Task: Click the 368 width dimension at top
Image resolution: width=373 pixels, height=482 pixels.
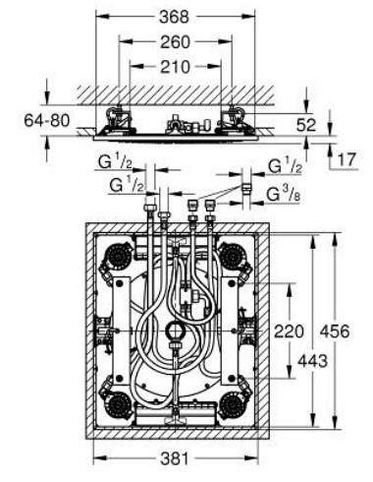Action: [x=177, y=17]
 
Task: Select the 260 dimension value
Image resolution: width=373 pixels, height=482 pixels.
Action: [x=177, y=41]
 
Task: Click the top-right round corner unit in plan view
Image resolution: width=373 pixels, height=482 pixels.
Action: [x=233, y=258]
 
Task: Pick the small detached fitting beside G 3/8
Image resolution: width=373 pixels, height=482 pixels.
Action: [x=245, y=185]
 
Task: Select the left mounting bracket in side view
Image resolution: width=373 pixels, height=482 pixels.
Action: [x=120, y=120]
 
